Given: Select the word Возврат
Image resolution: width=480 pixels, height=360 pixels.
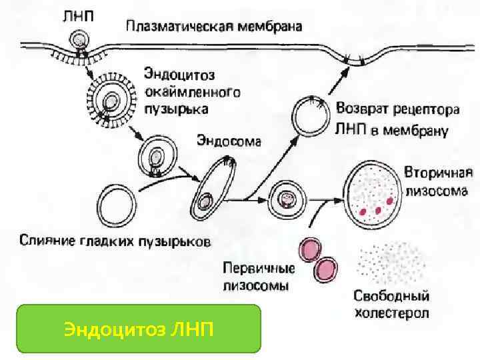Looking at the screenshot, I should [x=364, y=108].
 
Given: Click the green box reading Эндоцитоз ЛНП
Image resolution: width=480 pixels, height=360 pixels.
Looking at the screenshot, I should [x=139, y=328].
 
